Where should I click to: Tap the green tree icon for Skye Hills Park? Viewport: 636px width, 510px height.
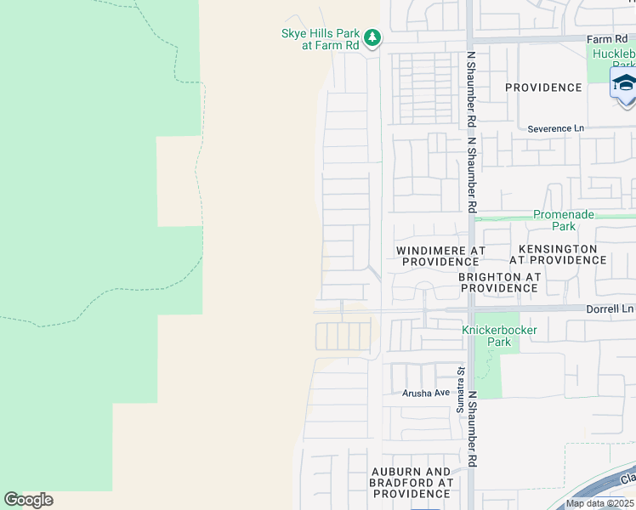372,37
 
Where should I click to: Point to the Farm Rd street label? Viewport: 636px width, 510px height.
606,39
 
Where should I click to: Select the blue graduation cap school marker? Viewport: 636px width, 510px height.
624,83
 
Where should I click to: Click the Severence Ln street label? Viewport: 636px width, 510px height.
556,128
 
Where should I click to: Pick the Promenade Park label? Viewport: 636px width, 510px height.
564,221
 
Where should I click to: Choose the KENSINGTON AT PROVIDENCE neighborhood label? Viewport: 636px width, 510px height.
554,254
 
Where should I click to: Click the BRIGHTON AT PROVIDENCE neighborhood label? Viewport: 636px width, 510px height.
499,283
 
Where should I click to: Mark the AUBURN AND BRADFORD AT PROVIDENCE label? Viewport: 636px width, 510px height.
412,483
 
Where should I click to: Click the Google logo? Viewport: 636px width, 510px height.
28,500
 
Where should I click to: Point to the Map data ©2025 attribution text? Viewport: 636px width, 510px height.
599,503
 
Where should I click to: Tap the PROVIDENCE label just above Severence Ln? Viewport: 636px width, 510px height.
543,88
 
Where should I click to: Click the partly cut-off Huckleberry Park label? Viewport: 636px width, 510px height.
613,59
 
